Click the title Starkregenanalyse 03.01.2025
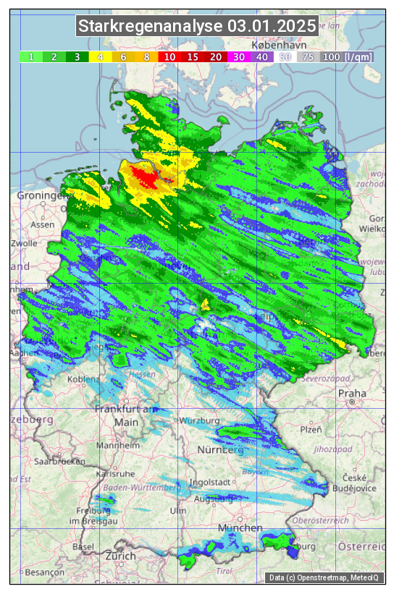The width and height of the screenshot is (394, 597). (x=197, y=26)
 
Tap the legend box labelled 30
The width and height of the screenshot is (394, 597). (x=238, y=56)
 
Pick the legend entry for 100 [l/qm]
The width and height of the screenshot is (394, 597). (x=347, y=56)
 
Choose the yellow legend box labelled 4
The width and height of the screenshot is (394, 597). (x=100, y=56)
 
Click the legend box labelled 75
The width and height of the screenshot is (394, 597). (x=308, y=56)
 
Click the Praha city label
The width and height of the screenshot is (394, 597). (x=352, y=394)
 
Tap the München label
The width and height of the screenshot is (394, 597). (x=240, y=528)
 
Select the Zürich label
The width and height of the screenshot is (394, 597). (x=120, y=556)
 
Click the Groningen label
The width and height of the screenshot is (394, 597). (x=41, y=195)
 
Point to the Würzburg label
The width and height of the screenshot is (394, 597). (x=201, y=420)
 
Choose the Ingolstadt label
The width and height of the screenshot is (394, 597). (x=210, y=482)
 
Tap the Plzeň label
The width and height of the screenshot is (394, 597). (x=311, y=429)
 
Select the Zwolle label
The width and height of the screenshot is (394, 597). (x=24, y=243)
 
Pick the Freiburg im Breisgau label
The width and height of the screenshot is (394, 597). (x=87, y=518)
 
